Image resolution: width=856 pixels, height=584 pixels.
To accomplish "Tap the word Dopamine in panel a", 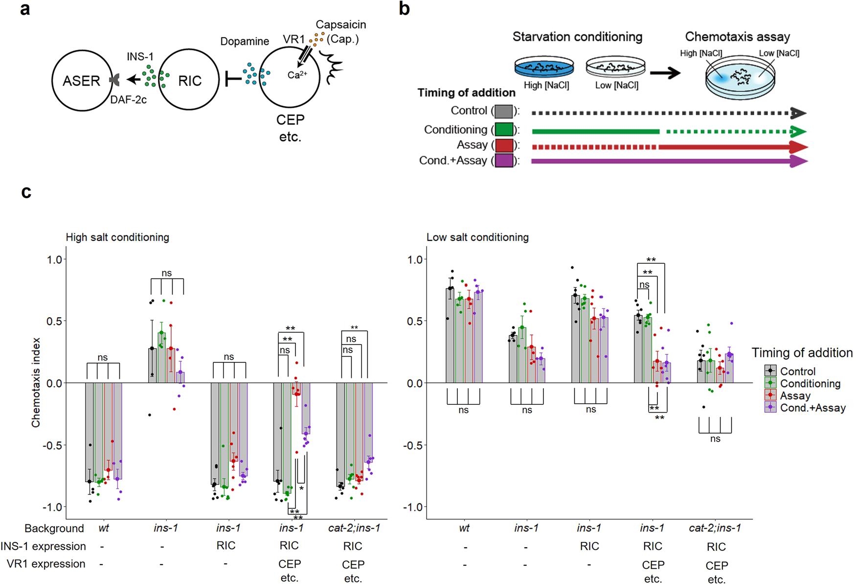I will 244,42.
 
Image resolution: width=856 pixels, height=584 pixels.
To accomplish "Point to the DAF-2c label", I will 128,100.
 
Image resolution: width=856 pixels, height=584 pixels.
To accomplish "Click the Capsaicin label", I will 340,25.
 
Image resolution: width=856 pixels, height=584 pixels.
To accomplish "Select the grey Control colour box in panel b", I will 503,112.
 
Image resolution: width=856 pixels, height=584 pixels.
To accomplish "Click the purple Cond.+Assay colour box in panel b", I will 503,161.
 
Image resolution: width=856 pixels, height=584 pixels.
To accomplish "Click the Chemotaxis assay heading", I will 737,37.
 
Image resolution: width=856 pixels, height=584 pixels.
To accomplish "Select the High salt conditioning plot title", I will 117,237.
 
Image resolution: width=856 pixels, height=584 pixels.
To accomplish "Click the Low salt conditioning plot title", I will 477,237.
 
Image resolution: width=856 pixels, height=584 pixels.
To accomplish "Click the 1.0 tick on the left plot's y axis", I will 54,259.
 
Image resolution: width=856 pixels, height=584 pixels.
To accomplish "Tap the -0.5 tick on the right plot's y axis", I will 414,445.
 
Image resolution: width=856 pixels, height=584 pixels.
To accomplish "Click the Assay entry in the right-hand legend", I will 795,396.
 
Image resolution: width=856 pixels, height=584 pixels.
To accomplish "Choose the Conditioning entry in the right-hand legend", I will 810,383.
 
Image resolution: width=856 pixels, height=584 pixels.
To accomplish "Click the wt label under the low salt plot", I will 464,528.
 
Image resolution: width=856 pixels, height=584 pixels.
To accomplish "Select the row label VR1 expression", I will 46,564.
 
